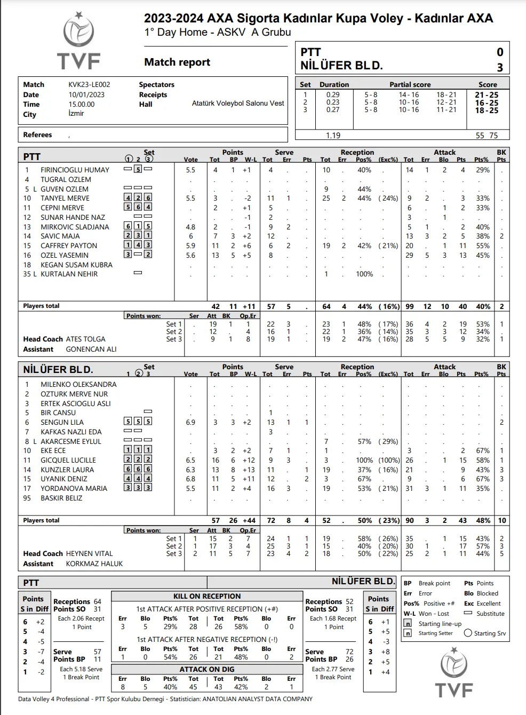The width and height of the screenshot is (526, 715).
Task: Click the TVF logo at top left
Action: pos(79,42)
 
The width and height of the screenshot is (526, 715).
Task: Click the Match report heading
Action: pos(177,62)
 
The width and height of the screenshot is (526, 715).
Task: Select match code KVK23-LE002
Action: pos(89,85)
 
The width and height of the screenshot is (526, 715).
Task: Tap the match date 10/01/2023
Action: pos(86,94)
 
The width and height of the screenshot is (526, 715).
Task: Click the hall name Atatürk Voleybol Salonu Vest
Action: pos(238,104)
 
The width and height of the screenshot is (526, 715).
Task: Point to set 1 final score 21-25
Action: pos(487,95)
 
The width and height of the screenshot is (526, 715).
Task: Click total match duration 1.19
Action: pos(333,136)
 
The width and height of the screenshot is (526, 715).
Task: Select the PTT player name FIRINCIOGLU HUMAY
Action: pos(75,170)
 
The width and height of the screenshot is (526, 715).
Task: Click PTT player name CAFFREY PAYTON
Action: pos(69,246)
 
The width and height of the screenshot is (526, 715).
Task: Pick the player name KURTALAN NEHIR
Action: pos(69,274)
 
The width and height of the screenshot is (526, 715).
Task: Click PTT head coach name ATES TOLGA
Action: pos(85,339)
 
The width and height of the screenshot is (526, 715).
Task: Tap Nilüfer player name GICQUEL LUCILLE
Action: pos(68,460)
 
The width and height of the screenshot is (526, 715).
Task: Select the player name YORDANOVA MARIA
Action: pos(74,489)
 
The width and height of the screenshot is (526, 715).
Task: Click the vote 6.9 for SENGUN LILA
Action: pos(190,423)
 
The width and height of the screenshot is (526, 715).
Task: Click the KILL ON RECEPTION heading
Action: pos(207,597)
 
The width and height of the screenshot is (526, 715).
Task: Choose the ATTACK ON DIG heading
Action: pos(207,669)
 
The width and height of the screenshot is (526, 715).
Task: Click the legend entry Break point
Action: pos(434,584)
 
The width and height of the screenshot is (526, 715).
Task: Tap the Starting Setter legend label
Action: pos(435,633)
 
